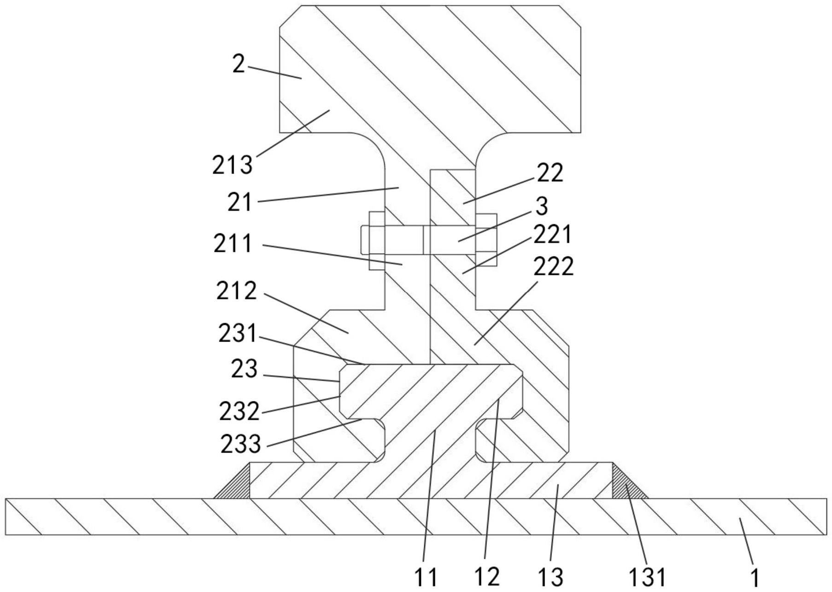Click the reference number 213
tap(233, 165)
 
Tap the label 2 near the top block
tap(238, 64)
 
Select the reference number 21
tap(240, 202)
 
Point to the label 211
tap(233, 244)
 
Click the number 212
tap(236, 291)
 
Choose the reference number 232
tap(239, 411)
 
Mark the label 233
tap(241, 444)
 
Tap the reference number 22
tap(550, 173)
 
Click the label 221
tap(552, 234)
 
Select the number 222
tap(554, 267)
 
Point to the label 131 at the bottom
tap(647, 577)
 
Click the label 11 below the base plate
tap(426, 577)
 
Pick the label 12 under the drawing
tap(487, 577)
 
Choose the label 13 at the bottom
tap(551, 577)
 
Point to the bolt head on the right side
tap(486, 240)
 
